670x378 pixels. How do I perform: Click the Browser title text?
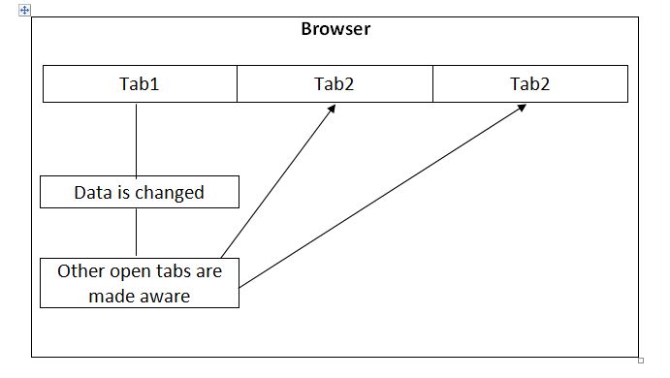(335, 29)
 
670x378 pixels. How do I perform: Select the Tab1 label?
(139, 83)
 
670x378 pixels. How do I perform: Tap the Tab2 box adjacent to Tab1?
(335, 83)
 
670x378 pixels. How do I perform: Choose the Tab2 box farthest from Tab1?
(529, 83)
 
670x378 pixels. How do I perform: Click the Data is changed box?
(139, 192)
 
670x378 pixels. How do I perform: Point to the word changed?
(169, 192)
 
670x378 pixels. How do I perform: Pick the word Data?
(93, 192)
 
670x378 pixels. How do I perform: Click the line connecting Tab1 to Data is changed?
(136, 139)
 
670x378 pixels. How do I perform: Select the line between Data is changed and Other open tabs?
(136, 233)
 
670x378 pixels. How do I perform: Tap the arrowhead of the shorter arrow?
(331, 108)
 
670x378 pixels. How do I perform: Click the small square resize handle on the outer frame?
(641, 360)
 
